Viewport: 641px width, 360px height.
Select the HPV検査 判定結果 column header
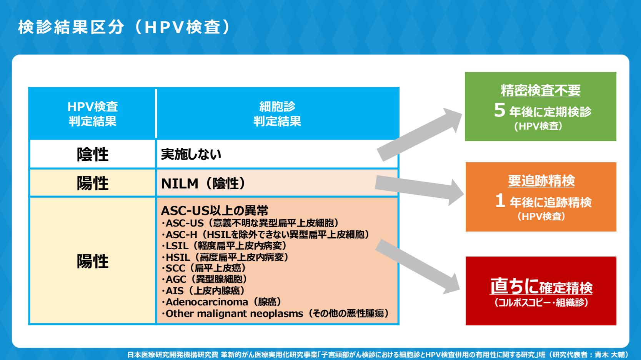[x=93, y=114]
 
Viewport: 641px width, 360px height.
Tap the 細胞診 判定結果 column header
[x=277, y=114]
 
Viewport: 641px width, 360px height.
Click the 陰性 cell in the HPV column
[x=93, y=154]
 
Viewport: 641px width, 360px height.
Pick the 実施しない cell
[x=191, y=154]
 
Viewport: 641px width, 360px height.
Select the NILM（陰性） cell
[x=203, y=183]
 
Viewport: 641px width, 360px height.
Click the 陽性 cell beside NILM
[x=93, y=183]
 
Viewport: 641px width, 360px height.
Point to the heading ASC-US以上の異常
[x=214, y=210]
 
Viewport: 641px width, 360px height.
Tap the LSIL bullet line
[x=225, y=245]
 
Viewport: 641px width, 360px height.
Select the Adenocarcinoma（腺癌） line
[x=222, y=302]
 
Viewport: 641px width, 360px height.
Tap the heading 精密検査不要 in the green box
[x=540, y=91]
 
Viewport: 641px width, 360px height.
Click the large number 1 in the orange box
[x=500, y=201]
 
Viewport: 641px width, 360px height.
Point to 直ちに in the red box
[x=514, y=286]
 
